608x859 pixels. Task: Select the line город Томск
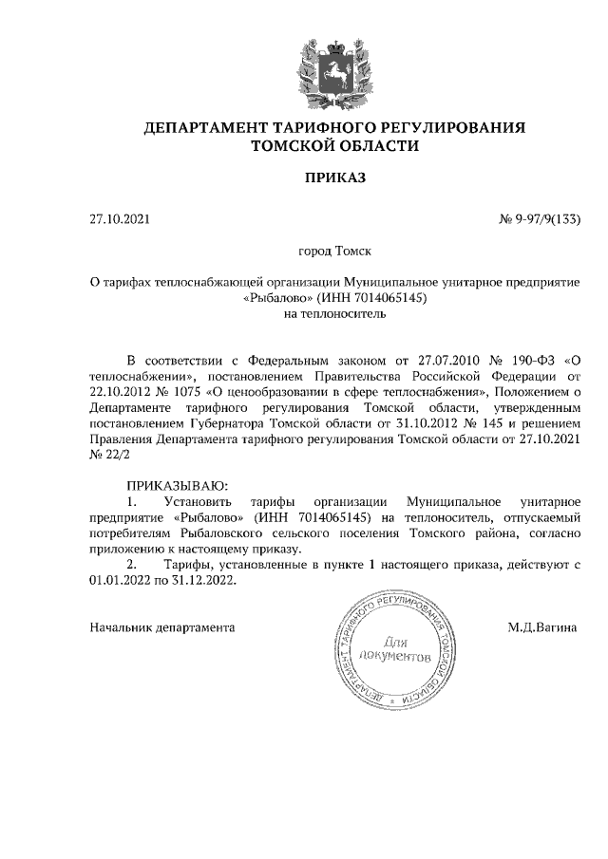pos(333,252)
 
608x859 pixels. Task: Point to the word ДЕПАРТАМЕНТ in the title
pos(204,127)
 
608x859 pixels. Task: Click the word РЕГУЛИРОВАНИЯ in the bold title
pos(453,127)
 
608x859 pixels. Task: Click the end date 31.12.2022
pos(202,581)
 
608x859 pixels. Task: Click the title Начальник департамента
pos(161,627)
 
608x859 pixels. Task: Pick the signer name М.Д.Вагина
pos(542,627)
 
